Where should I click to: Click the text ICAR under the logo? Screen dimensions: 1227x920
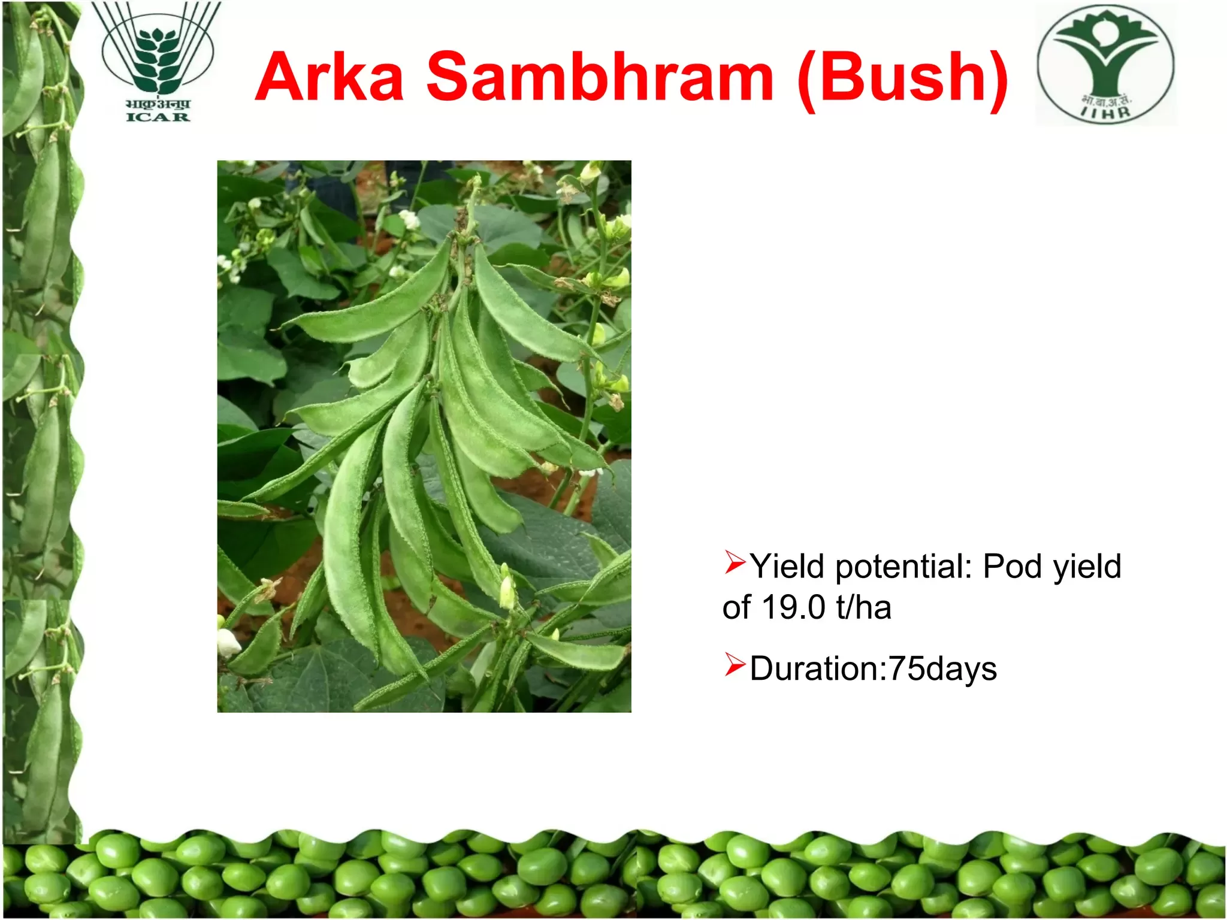click(158, 117)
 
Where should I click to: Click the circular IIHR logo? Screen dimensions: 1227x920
click(1106, 65)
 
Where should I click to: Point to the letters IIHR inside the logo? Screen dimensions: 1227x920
click(1106, 112)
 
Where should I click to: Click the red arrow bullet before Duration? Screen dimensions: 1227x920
click(735, 664)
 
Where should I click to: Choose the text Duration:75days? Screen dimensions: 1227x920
click(874, 668)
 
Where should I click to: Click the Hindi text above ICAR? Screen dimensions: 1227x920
click(158, 103)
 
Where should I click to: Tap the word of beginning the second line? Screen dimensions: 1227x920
click(736, 607)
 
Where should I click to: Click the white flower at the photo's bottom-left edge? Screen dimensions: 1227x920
click(228, 642)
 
